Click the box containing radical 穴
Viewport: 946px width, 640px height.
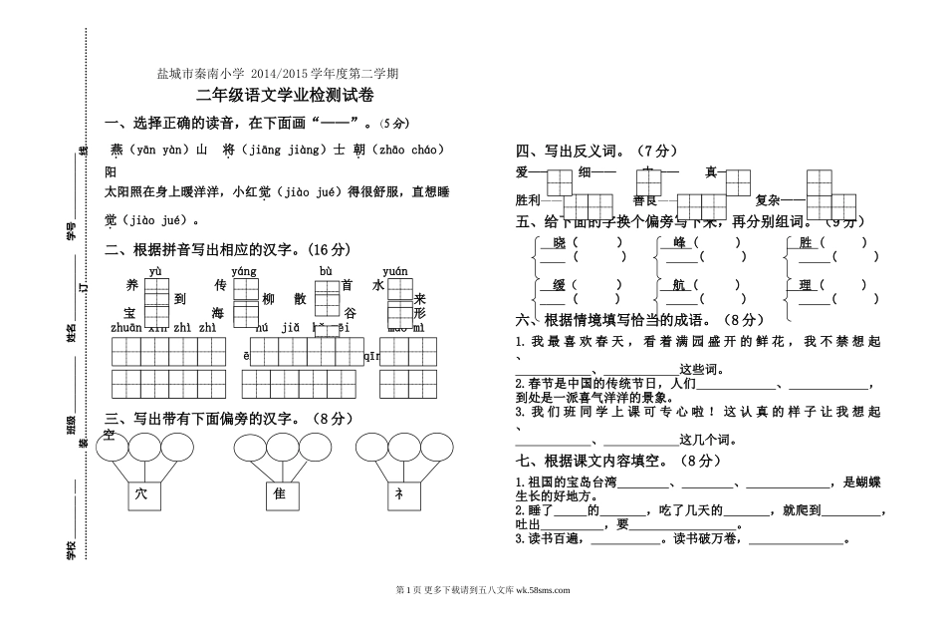[140, 495]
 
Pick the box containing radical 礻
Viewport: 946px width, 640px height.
[401, 495]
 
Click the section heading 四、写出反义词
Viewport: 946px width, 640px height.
[583, 152]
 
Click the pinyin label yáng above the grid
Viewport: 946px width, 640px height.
[244, 271]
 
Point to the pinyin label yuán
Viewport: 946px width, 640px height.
[395, 271]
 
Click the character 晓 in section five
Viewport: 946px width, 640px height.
[559, 242]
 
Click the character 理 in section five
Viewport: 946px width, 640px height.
[807, 285]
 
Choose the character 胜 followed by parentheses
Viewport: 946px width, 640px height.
[807, 242]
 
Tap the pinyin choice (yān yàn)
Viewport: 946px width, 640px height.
[159, 150]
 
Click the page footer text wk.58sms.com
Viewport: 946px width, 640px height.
[537, 590]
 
